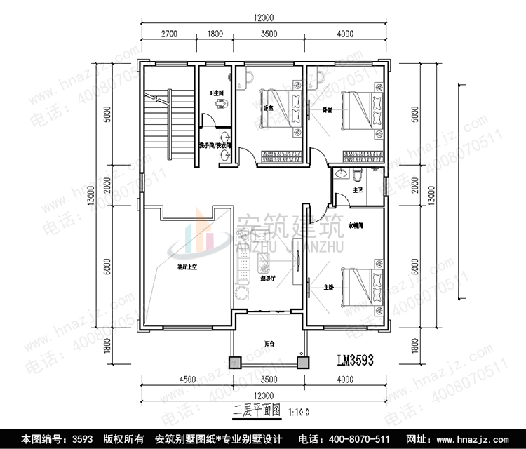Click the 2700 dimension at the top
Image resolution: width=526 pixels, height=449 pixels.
click(x=168, y=33)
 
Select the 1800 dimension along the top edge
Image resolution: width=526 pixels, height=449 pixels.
click(x=215, y=33)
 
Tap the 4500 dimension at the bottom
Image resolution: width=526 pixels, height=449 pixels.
click(x=188, y=379)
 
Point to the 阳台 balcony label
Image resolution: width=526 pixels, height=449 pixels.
click(x=269, y=343)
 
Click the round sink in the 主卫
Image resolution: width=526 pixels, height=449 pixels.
click(x=342, y=173)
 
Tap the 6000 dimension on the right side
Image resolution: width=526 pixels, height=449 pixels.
click(x=415, y=269)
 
